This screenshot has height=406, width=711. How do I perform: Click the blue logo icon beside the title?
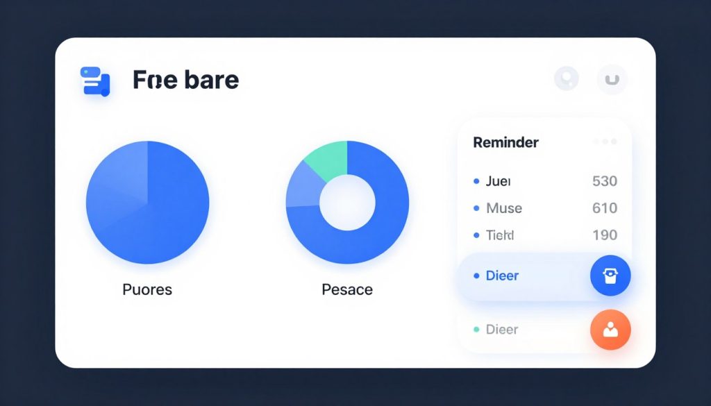[x=95, y=81]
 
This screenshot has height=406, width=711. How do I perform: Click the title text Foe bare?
[x=185, y=80]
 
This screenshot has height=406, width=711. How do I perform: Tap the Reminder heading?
[x=505, y=142]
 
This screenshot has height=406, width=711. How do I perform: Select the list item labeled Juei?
[x=498, y=181]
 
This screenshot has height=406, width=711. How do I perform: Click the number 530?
[x=604, y=181]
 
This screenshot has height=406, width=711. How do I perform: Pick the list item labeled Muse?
[x=504, y=208]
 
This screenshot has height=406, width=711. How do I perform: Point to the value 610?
[x=604, y=208]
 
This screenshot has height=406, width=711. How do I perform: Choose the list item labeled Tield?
[x=500, y=235]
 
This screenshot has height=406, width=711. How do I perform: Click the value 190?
[x=604, y=235]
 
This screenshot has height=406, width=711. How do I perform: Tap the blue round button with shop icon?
[x=610, y=276]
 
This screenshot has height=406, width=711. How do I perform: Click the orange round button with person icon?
[x=610, y=330]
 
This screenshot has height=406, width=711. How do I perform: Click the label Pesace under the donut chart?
[x=347, y=289]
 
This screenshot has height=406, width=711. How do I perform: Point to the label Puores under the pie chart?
[x=147, y=289]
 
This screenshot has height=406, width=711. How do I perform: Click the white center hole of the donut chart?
[x=347, y=203]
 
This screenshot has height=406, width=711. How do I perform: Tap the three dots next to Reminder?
[x=605, y=142]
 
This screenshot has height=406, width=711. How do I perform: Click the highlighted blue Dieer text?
[x=502, y=276]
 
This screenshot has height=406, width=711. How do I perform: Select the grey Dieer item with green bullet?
[x=501, y=330]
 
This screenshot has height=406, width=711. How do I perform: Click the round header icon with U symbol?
[x=612, y=80]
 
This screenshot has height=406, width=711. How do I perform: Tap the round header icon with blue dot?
[x=567, y=79]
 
